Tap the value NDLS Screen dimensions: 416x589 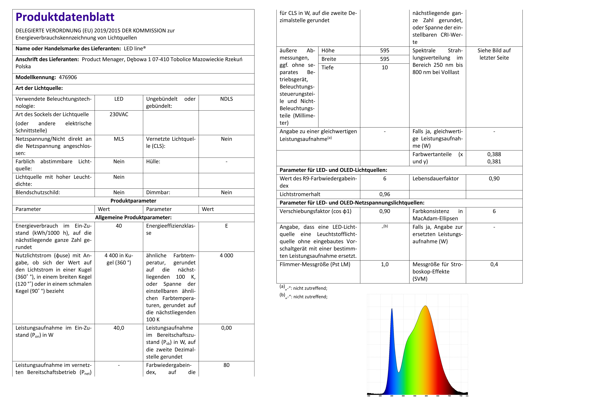click(226, 99)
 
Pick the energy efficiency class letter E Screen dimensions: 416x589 click(226, 226)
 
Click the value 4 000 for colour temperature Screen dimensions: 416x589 click(226, 255)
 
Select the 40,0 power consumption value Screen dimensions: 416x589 click(119, 328)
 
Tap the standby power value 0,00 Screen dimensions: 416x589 click(226, 328)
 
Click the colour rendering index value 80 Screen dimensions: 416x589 click(226, 365)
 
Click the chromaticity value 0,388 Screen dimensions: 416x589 click(494, 154)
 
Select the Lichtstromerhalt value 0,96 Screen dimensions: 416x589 click(385, 194)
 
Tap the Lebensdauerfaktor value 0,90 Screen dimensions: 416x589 click(494, 179)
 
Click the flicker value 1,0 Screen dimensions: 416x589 click(385, 264)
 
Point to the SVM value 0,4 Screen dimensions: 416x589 click(494, 264)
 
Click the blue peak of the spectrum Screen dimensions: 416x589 click(392, 310)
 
